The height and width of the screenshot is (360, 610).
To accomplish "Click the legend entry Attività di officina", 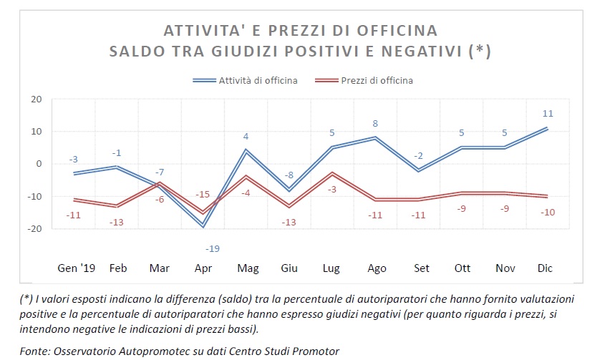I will pyautogui.click(x=258, y=80).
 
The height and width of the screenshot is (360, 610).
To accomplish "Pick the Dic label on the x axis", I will pyautogui.click(x=545, y=268).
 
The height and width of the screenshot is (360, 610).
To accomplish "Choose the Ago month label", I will pyautogui.click(x=377, y=268).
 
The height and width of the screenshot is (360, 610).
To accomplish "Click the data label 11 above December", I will pyautogui.click(x=548, y=113).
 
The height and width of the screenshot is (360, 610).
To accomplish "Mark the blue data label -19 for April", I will pyautogui.click(x=212, y=248).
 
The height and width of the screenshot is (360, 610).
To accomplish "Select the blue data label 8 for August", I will pyautogui.click(x=375, y=124).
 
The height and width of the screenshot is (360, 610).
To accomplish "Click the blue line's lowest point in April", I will pyautogui.click(x=204, y=226).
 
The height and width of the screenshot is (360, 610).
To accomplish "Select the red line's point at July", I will pyautogui.click(x=332, y=173).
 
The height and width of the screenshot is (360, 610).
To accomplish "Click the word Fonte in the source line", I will pyautogui.click(x=34, y=351).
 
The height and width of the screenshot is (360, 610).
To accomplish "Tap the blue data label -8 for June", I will pyautogui.click(x=289, y=174).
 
